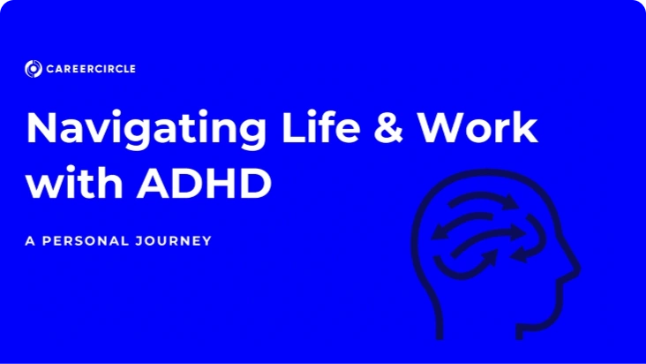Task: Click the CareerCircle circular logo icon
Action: click(x=34, y=69)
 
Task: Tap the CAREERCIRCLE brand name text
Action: click(x=91, y=69)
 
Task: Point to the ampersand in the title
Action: click(x=388, y=127)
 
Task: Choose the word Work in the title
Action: click(x=477, y=126)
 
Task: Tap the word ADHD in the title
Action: click(x=204, y=183)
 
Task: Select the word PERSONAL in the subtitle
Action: click(x=86, y=240)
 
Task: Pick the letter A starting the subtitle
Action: click(x=30, y=240)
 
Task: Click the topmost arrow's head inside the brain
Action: click(x=512, y=202)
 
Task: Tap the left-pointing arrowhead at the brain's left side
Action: click(x=439, y=232)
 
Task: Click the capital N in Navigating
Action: click(x=41, y=127)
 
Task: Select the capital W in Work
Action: click(x=441, y=127)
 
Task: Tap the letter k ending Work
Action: click(x=526, y=126)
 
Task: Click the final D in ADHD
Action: click(x=255, y=183)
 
